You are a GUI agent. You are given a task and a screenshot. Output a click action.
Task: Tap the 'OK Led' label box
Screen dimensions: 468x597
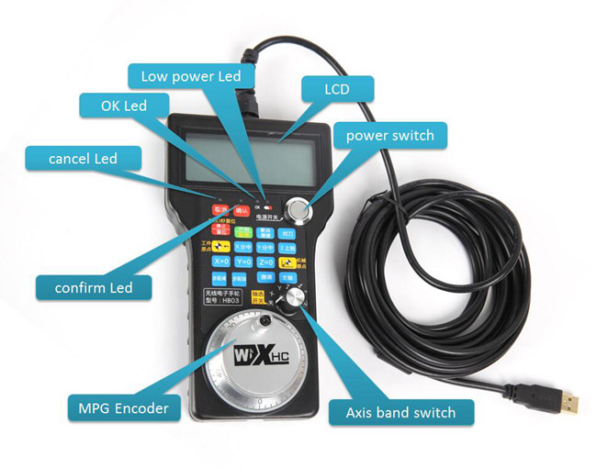pos(124,106)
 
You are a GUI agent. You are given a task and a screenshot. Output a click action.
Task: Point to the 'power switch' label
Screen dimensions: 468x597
pos(389,136)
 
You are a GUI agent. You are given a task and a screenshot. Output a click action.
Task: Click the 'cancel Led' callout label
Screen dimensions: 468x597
pos(83,158)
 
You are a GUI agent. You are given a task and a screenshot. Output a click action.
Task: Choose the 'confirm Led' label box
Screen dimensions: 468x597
pos(94,287)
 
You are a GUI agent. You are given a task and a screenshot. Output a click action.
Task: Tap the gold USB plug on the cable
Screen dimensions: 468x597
pos(570,403)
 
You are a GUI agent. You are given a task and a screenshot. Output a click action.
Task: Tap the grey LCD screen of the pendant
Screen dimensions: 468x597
pos(242,155)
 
